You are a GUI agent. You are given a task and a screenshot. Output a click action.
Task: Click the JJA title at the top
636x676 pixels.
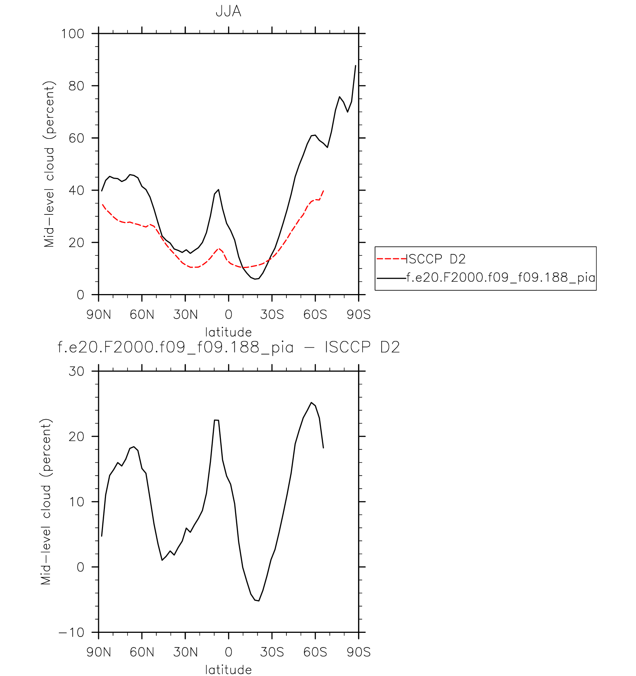228,12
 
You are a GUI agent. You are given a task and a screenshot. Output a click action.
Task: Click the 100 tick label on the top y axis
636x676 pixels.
73,34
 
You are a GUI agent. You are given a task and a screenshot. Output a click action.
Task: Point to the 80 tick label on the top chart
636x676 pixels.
76,86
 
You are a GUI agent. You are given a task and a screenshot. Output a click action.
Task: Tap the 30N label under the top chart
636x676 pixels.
185,315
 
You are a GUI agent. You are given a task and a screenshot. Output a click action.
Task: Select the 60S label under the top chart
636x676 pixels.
315,315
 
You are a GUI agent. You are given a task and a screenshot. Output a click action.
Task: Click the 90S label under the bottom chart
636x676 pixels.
359,652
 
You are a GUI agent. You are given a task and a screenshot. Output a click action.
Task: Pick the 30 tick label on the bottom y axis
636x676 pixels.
76,371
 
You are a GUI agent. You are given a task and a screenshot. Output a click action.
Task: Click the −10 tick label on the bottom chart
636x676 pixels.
72,632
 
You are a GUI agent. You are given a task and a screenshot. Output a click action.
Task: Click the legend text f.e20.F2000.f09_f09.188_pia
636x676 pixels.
501,277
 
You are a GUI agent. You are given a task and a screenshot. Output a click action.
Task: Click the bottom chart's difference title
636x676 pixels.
228,347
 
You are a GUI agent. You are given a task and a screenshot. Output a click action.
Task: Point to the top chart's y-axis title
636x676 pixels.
49,164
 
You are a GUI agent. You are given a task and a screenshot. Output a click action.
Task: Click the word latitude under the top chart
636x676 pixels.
228,332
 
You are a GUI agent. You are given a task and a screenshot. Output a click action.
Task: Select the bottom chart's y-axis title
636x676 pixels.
46,501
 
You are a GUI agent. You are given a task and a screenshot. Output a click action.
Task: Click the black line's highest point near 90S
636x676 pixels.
356,66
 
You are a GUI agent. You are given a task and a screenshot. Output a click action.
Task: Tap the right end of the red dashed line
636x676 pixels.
324,191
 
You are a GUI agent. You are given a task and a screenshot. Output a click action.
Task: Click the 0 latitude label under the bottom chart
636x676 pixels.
228,652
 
